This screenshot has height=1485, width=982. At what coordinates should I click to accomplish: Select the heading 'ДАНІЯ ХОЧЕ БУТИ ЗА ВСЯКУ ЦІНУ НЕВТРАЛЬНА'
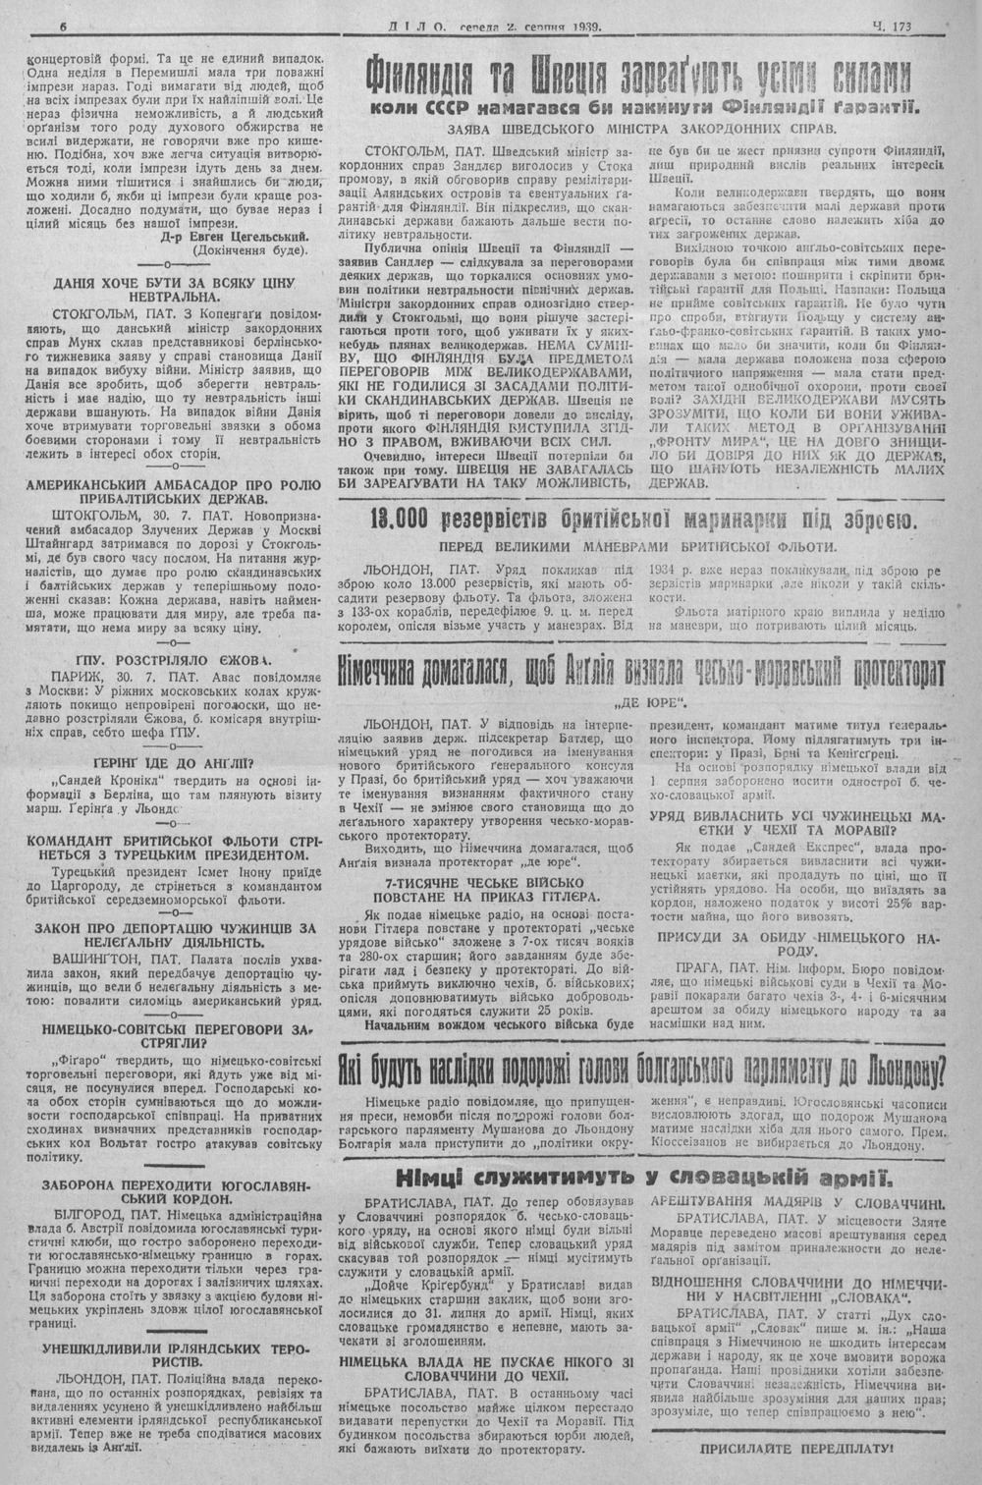tap(177, 289)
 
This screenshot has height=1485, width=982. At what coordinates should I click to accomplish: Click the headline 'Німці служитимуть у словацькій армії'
tap(643, 1179)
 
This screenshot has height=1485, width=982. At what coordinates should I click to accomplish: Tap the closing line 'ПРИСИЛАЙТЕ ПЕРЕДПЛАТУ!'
tap(796, 1448)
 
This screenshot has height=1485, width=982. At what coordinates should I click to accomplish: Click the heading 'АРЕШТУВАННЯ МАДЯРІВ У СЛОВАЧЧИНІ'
tap(796, 1203)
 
